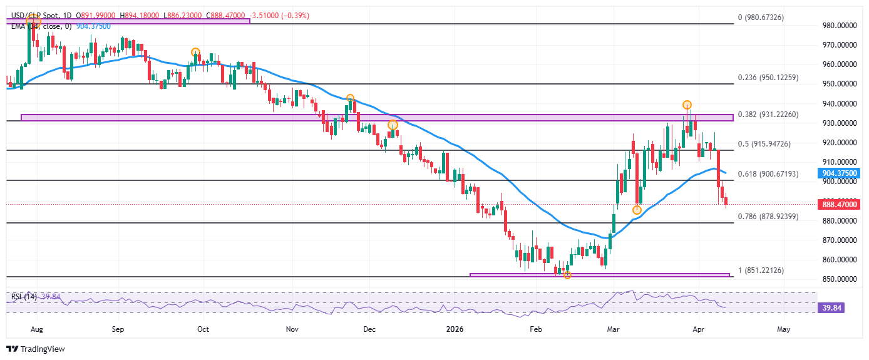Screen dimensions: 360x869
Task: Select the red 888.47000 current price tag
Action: (x=838, y=204)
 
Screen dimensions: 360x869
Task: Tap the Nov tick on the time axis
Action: (x=291, y=328)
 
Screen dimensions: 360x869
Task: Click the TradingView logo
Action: (x=36, y=349)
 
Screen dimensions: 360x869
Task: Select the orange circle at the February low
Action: (x=567, y=275)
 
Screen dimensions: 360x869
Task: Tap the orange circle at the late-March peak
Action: (x=687, y=105)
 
